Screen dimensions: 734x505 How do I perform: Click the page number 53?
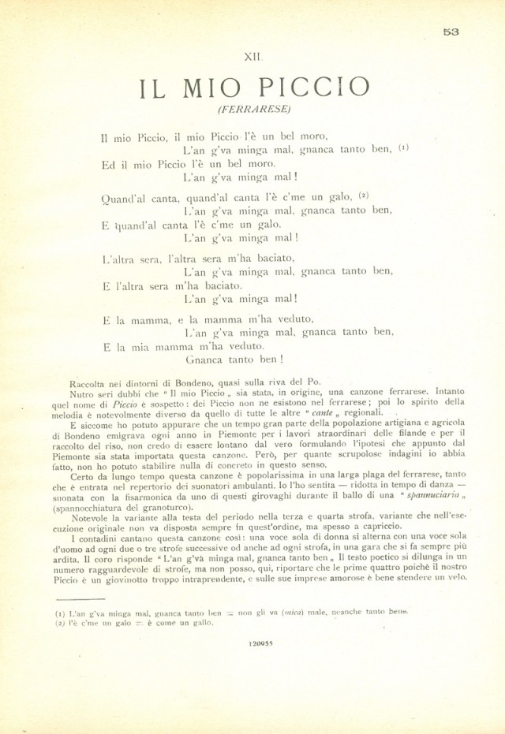(x=451, y=32)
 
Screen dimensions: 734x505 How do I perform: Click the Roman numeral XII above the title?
(x=252, y=57)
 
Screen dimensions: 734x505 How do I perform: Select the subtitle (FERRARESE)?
(x=252, y=109)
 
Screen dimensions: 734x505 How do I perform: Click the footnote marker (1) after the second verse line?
(x=403, y=147)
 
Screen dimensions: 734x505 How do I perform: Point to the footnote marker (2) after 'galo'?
(x=364, y=195)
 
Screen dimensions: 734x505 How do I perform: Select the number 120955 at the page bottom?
(x=260, y=644)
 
